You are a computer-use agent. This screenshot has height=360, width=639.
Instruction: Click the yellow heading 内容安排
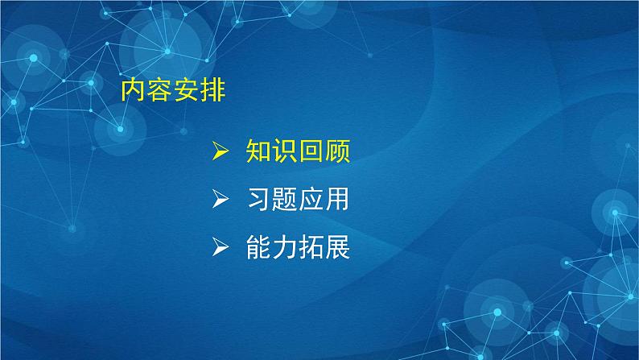pos(173,90)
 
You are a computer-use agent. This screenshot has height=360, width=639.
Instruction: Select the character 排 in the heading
pos(213,90)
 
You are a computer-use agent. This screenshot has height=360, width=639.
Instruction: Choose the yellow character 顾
pos(337,152)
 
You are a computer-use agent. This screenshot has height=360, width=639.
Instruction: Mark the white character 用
pos(337,201)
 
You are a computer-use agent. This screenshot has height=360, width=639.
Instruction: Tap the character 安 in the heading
pos(187,90)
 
